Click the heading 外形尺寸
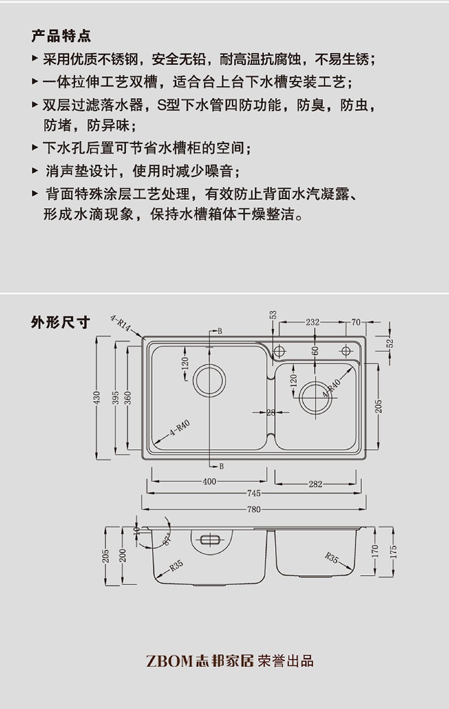[x=61, y=323]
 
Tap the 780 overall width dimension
[x=254, y=509]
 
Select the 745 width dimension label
[x=254, y=494]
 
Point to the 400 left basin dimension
[x=209, y=481]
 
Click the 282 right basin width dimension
[x=315, y=484]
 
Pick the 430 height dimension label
[x=97, y=397]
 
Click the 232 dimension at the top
[x=313, y=322]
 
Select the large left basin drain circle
[x=209, y=381]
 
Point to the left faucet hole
[x=278, y=351]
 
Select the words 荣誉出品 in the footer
[x=286, y=661]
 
